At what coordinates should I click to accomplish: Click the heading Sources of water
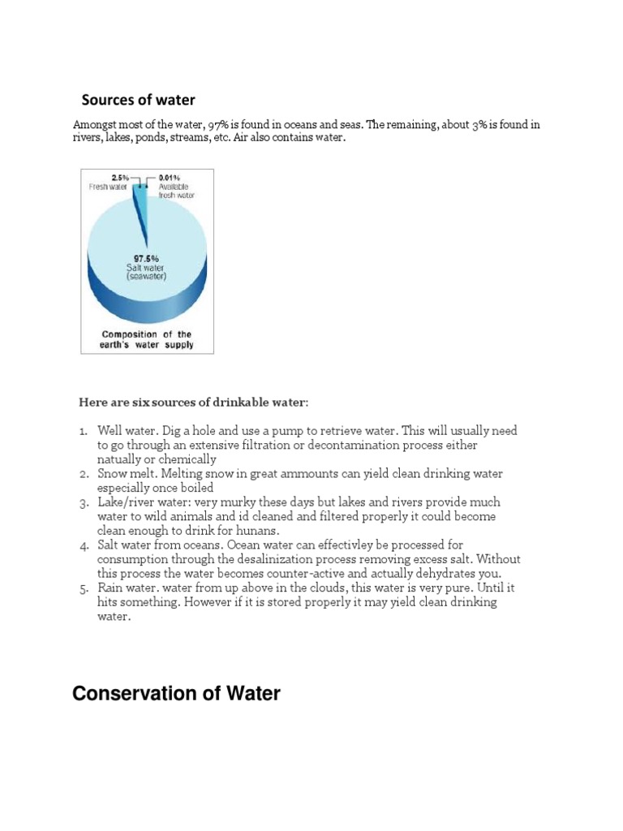[x=138, y=100]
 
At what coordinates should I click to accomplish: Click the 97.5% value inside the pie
[x=146, y=258]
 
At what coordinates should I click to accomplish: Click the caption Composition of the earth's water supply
[x=147, y=339]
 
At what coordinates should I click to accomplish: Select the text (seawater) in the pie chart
[x=146, y=278]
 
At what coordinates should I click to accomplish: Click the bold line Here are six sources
[x=193, y=403]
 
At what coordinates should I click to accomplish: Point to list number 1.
[x=84, y=431]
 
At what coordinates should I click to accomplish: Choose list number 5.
[x=84, y=587]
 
